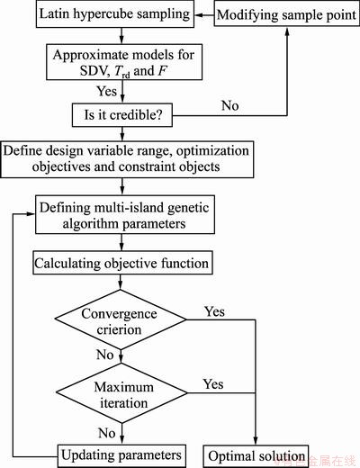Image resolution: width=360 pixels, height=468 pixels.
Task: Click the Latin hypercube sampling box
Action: click(115, 14)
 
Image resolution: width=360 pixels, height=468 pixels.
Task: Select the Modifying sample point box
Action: click(287, 14)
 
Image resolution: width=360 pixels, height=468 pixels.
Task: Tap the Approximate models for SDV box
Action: click(124, 62)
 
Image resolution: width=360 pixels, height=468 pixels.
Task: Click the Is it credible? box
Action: click(122, 115)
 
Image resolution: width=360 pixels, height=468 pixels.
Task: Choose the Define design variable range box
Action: click(127, 159)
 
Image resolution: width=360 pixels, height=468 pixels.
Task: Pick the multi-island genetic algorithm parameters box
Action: click(125, 215)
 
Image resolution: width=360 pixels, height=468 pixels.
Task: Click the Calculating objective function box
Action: click(122, 263)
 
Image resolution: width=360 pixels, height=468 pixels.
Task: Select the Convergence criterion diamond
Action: click(121, 319)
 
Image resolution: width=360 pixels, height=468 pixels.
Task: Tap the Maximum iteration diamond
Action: click(121, 393)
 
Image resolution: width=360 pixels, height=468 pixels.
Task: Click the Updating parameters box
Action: click(121, 455)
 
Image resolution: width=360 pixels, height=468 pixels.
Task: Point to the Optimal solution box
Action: click(256, 456)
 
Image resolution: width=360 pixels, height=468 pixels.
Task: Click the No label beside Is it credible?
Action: click(230, 105)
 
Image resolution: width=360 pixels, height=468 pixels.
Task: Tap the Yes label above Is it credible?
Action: click(106, 91)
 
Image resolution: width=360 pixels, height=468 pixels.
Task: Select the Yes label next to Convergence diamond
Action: click(214, 311)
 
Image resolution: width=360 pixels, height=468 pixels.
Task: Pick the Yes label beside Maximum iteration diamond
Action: click(213, 384)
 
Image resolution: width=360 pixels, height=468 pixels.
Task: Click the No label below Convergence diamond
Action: click(105, 355)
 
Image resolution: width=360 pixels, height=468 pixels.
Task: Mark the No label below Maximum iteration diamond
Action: click(107, 433)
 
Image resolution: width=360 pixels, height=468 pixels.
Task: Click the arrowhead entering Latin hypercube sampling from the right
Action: click(198, 14)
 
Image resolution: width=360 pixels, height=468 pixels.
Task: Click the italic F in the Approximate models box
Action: click(162, 71)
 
